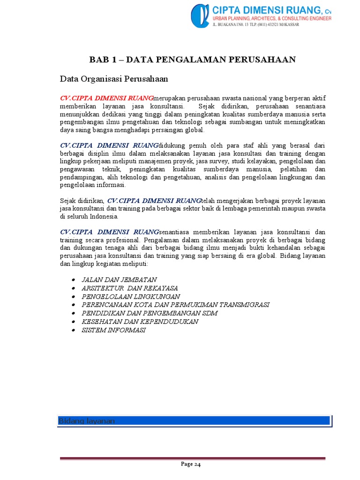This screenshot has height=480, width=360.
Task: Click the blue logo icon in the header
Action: [200, 15]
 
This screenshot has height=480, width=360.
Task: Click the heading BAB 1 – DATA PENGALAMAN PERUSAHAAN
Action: [193, 59]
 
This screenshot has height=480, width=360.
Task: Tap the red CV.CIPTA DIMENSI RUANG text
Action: [106, 98]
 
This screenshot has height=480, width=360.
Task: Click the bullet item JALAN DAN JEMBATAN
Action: [119, 279]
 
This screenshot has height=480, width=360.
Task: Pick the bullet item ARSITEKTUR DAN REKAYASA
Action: [130, 288]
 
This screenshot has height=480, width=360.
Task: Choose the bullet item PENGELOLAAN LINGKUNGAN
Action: [131, 296]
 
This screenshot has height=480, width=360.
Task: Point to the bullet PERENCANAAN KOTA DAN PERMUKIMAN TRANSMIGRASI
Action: [175, 305]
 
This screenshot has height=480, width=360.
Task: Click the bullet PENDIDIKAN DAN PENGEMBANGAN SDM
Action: [150, 313]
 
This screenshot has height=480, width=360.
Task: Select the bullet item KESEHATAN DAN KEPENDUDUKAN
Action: [140, 322]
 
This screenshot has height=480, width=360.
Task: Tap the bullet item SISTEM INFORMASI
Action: [113, 330]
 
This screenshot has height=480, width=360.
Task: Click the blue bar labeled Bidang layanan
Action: [194, 421]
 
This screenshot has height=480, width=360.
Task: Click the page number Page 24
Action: [191, 465]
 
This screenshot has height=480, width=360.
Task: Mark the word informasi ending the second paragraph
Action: [111, 185]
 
